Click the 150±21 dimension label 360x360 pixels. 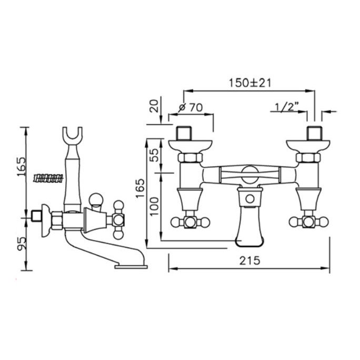[250, 83]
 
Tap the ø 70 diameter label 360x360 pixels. [191, 107]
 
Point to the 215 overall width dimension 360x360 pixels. [250, 261]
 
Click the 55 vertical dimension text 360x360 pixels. [155, 155]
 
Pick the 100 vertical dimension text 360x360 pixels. [155, 206]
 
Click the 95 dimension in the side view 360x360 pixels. [22, 244]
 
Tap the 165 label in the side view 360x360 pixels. [22, 166]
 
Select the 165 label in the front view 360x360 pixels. [140, 188]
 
